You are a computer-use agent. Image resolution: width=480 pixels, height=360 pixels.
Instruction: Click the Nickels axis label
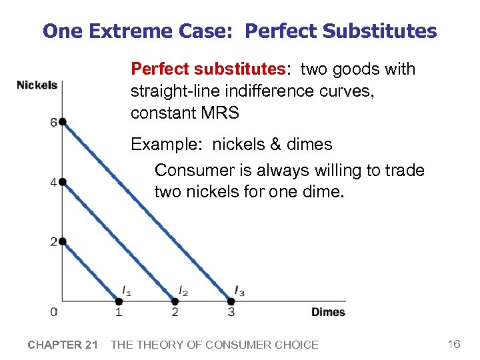coord(37,85)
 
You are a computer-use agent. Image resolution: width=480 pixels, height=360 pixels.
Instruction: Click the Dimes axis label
coord(328,312)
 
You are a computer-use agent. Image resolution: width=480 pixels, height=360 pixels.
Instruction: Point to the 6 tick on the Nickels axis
coord(53,122)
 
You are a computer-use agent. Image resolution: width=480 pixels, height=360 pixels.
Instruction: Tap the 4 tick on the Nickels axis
coord(53,183)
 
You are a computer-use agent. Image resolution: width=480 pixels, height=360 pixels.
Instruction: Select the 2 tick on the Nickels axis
coord(53,242)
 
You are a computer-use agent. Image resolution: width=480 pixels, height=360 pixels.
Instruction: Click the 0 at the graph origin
coord(53,312)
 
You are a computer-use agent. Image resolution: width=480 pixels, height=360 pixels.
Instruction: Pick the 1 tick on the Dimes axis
coord(119,312)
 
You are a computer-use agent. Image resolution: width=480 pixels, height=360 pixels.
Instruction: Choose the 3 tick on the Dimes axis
coord(231,312)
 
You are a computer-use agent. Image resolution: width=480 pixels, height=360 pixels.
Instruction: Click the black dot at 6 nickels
coord(62,122)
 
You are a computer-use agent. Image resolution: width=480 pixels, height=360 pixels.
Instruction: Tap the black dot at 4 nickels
coord(62,181)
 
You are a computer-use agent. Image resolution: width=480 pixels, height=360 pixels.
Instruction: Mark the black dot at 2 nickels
coord(62,241)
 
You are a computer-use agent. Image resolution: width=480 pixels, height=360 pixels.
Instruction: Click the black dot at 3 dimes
coord(231,301)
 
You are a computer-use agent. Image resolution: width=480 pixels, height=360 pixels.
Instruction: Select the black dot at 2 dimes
coord(175,301)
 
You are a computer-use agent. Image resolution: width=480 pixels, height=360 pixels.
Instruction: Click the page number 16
coord(454,344)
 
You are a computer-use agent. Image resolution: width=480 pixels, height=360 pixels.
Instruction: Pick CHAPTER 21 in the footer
coord(63,345)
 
